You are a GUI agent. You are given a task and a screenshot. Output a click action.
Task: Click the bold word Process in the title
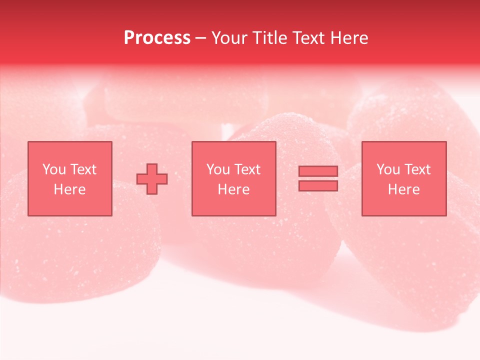(x=157, y=38)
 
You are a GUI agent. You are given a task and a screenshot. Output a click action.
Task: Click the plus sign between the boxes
(x=152, y=179)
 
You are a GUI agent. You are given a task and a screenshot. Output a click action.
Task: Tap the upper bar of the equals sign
(x=318, y=171)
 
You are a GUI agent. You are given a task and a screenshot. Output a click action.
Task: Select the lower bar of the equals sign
(x=318, y=185)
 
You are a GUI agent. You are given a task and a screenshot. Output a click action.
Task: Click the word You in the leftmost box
(x=54, y=169)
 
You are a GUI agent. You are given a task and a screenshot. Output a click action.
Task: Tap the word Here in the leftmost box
(x=69, y=189)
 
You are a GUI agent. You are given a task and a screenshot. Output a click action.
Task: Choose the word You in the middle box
(x=218, y=169)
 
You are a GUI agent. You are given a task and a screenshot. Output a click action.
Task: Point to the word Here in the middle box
(x=233, y=189)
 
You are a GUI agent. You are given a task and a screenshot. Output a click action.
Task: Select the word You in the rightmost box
(x=388, y=169)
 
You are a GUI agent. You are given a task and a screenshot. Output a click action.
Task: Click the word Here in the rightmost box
(x=403, y=189)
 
